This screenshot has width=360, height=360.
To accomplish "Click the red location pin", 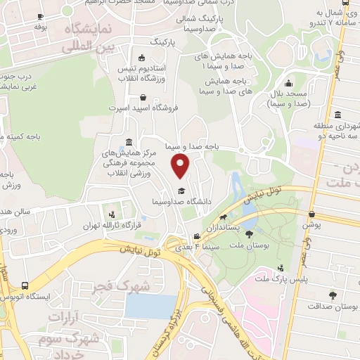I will click(181, 167).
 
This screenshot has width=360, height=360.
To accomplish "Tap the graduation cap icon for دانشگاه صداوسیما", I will click(181, 191).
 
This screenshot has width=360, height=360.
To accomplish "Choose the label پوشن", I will click(311, 226).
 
